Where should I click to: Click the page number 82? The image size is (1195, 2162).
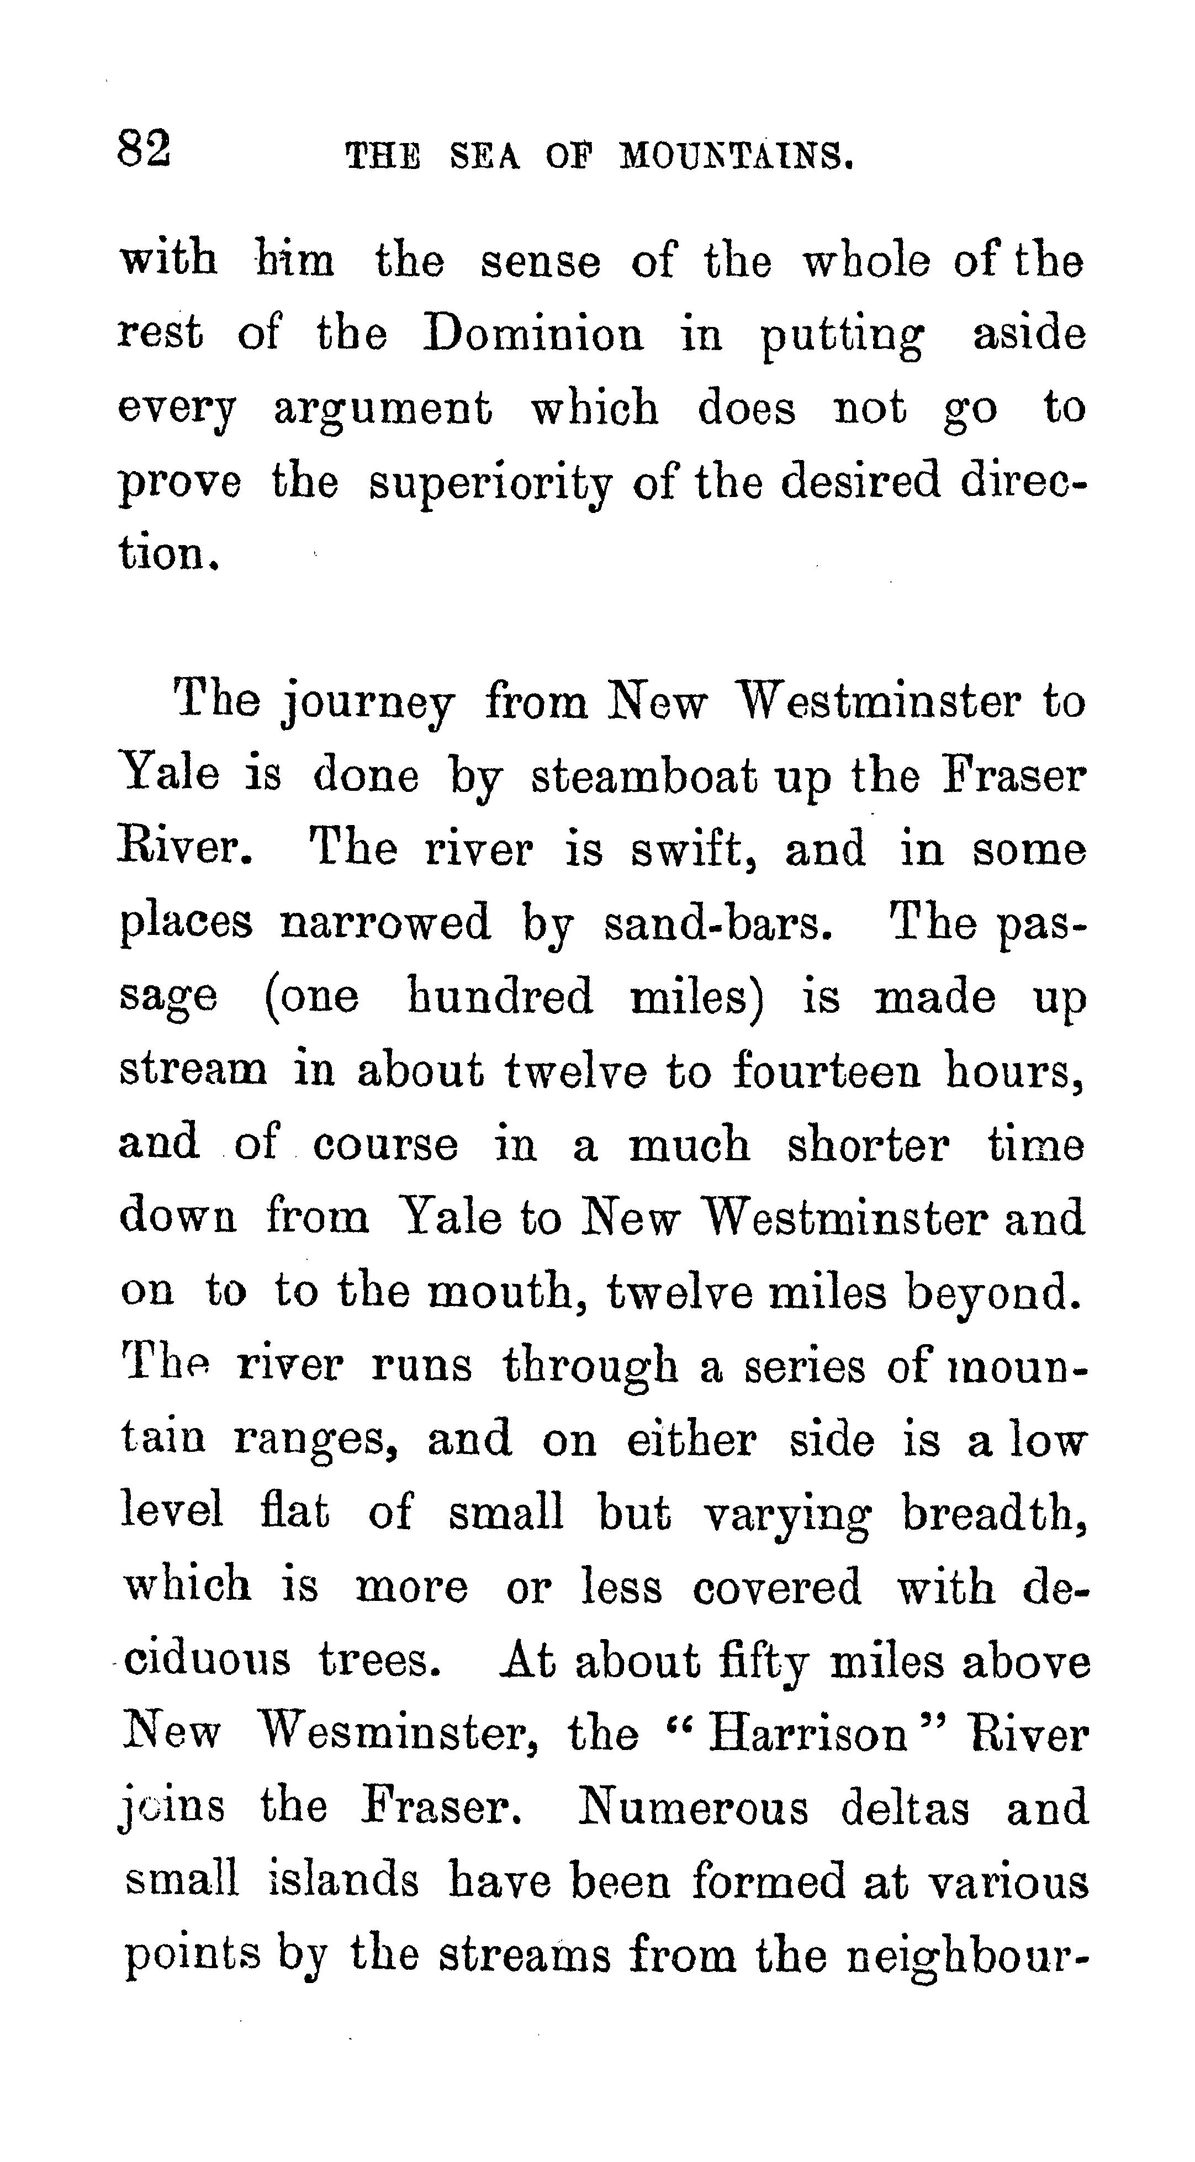(x=144, y=150)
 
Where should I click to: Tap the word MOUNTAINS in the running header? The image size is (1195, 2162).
(x=736, y=156)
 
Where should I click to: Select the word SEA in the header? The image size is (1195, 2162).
(x=484, y=156)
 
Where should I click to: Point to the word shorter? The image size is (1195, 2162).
(x=868, y=1144)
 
